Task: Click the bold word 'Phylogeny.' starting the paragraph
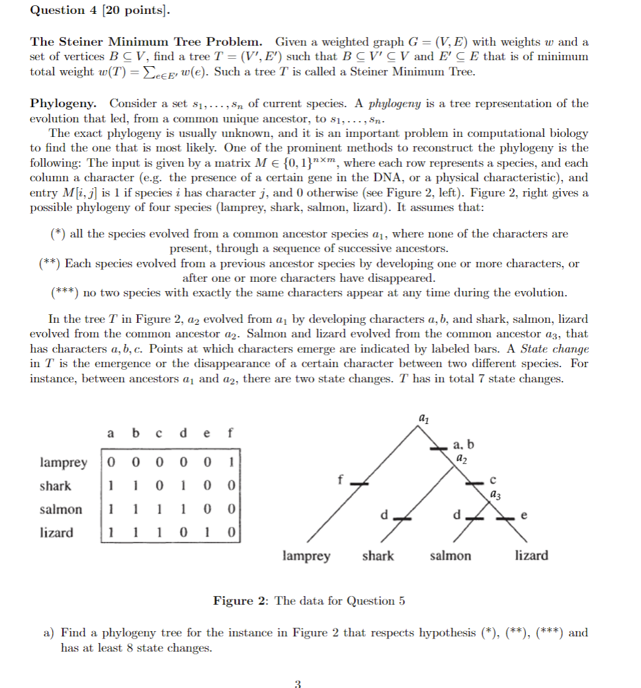click(64, 104)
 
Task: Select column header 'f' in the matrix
click(230, 434)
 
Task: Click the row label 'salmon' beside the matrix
click(61, 509)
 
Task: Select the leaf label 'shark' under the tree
click(378, 556)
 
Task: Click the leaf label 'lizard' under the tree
click(531, 556)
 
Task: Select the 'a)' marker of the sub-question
click(49, 633)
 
